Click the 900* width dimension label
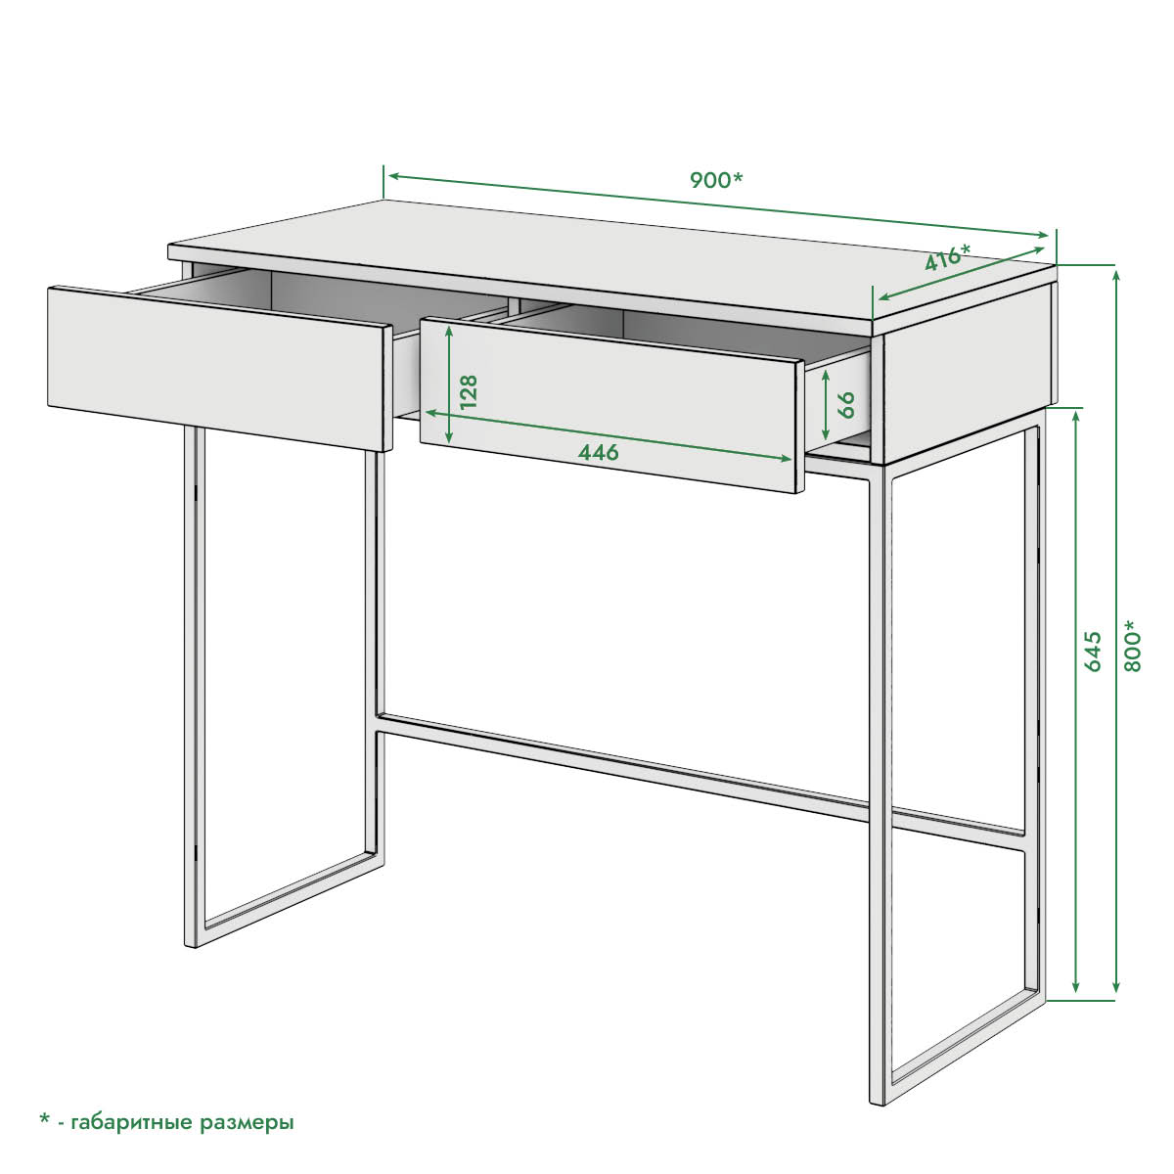pyautogui.click(x=716, y=180)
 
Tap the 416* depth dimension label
pyautogui.click(x=947, y=257)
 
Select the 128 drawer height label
pyautogui.click(x=469, y=391)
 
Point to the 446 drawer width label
pyautogui.click(x=598, y=452)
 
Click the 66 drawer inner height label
pyautogui.click(x=846, y=404)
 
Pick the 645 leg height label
pyautogui.click(x=1094, y=652)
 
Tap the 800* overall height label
pyautogui.click(x=1131, y=646)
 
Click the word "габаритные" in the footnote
pyautogui.click(x=132, y=1122)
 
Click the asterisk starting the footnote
pyautogui.click(x=44, y=1118)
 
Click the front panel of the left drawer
pyautogui.click(x=216, y=368)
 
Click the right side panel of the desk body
pyautogui.click(x=970, y=375)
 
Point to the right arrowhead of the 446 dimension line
pyautogui.click(x=786, y=459)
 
